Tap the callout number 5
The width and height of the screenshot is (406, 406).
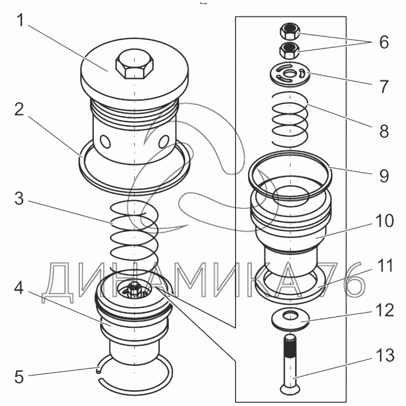(x=19, y=377)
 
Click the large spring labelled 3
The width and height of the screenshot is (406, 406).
(x=134, y=233)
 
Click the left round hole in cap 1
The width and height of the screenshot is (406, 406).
(x=105, y=140)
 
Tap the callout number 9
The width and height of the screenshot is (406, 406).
(x=384, y=176)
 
